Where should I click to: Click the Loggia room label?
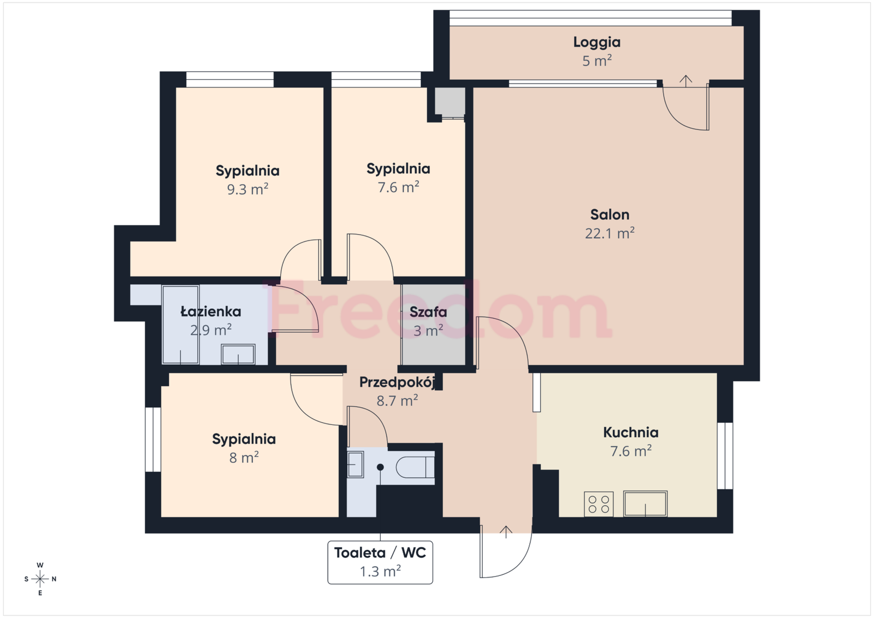597,42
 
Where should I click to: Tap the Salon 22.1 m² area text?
610,233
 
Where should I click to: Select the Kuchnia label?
631,432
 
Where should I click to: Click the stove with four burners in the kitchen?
599,504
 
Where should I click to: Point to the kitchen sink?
645,504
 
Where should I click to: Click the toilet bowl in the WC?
415,467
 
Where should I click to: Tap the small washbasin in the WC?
356,464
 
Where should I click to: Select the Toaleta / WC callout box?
380,562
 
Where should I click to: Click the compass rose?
40,579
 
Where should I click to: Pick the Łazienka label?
211,311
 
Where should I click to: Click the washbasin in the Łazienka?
238,354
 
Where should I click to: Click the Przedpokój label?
397,382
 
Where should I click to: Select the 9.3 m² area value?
248,190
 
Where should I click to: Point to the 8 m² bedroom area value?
244,457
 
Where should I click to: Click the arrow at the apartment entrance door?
506,532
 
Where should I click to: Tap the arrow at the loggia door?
686,80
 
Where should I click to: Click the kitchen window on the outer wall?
725,456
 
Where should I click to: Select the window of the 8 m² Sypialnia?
153,439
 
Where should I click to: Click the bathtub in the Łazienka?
181,325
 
